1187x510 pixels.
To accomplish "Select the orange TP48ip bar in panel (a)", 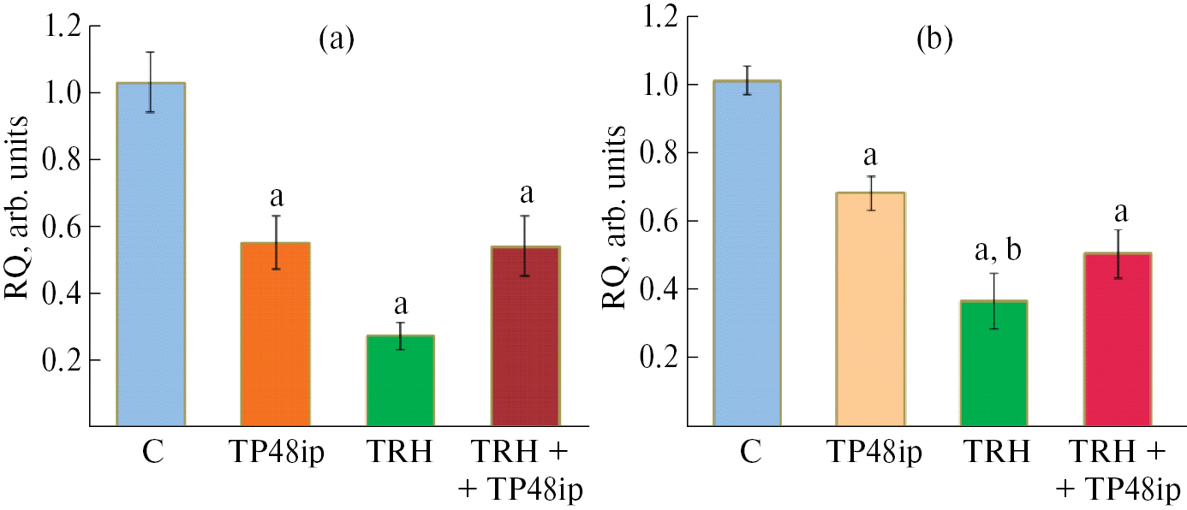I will [276, 334].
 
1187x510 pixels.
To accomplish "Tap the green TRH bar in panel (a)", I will [401, 381].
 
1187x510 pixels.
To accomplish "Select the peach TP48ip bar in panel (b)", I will [870, 309].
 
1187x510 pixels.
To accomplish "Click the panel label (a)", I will [336, 39].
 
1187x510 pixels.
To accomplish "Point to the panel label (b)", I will [933, 39].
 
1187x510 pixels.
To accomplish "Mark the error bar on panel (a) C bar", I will [152, 81].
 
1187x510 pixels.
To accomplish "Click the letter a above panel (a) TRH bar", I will [402, 306].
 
